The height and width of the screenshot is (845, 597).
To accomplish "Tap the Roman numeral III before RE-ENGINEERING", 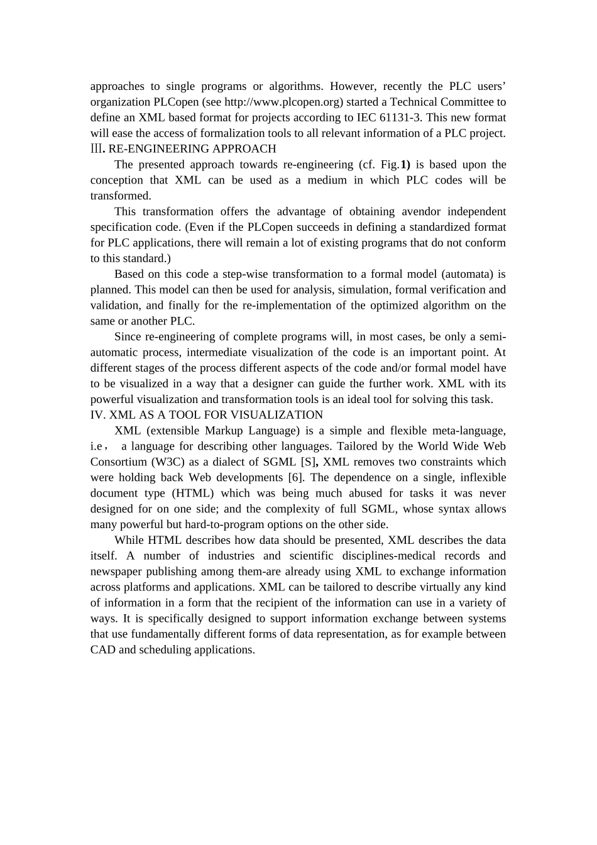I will coord(96,149).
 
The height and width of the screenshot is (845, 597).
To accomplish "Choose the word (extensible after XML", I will coord(173,431).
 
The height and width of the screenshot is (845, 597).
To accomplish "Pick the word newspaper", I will coord(116,572).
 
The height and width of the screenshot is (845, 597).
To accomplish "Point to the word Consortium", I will coord(118,462).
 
